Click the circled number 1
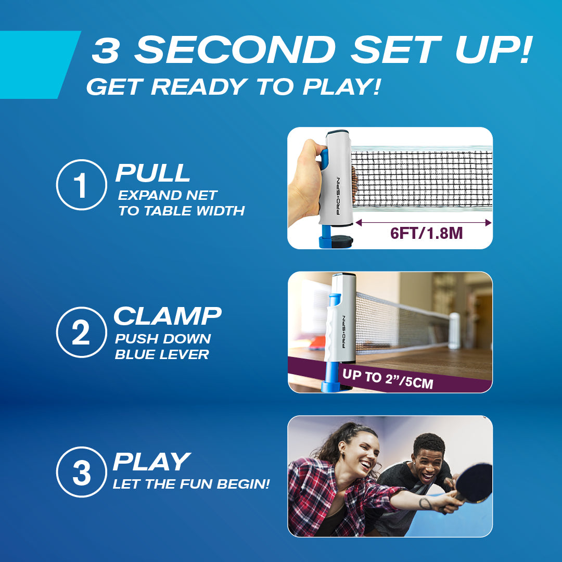pyautogui.click(x=81, y=185)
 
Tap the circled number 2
pyautogui.click(x=81, y=332)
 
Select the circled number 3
pyautogui.click(x=81, y=472)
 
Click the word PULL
pyautogui.click(x=152, y=173)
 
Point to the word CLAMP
pyautogui.click(x=168, y=316)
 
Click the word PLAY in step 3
pyautogui.click(x=151, y=462)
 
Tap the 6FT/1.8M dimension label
pyautogui.click(x=426, y=233)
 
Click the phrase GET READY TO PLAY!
pyautogui.click(x=233, y=87)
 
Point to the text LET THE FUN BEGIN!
pyautogui.click(x=191, y=485)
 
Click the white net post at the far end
pyautogui.click(x=454, y=330)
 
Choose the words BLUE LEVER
pyautogui.click(x=162, y=355)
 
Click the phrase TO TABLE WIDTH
pyautogui.click(x=181, y=211)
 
